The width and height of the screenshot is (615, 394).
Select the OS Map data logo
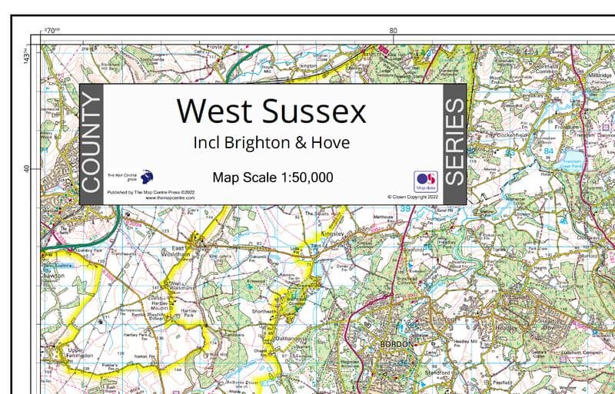[x=425, y=180]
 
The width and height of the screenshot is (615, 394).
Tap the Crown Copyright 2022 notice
[x=414, y=197]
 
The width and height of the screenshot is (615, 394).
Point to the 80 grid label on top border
[x=393, y=31]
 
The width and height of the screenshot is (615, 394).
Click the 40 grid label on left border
[x=26, y=168]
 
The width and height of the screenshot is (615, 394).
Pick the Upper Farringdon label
[x=79, y=354]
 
